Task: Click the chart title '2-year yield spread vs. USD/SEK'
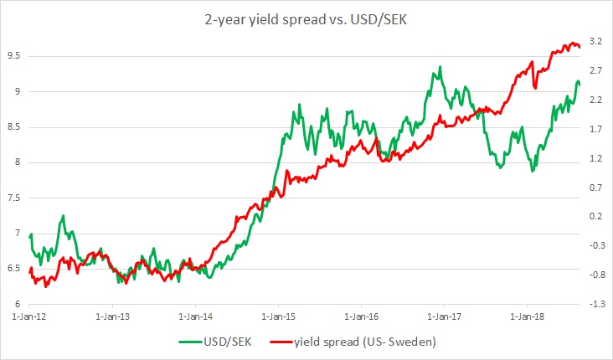tap(306, 16)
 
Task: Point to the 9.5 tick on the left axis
tap(13, 56)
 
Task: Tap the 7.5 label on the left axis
tap(13, 198)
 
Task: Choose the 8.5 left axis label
tap(13, 126)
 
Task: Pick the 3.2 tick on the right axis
tap(597, 40)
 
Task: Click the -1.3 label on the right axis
tap(597, 303)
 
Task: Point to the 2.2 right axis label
tap(597, 99)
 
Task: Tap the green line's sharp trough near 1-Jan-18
tap(532, 171)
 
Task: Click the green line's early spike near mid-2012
tap(63, 215)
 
